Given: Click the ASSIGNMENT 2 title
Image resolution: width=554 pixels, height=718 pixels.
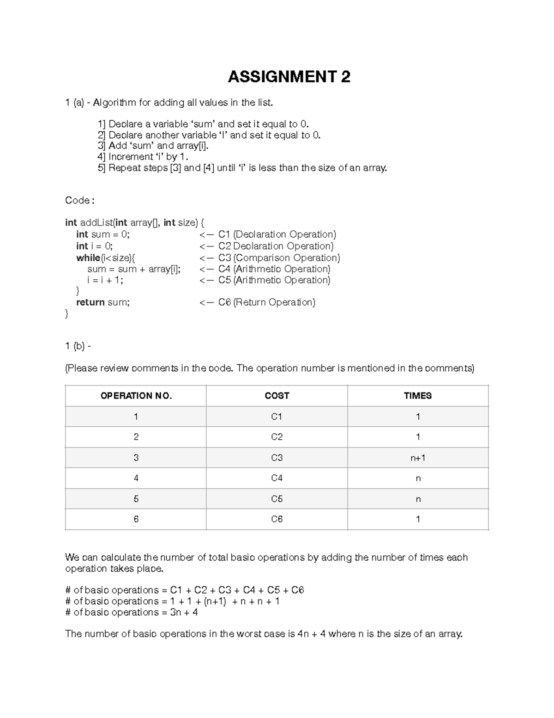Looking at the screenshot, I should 289,77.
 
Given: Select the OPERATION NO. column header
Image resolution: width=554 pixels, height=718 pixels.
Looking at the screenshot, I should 136,396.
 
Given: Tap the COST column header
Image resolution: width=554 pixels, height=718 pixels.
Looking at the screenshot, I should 277,396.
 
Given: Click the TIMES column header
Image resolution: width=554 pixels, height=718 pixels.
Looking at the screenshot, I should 417,396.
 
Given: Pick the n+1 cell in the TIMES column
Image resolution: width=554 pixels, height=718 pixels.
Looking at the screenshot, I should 417,458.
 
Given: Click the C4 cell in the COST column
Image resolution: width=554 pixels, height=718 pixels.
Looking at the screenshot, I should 277,478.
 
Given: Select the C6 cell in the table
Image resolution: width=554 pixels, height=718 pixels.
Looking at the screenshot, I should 277,519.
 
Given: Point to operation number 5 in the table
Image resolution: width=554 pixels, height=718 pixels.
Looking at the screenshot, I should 136,499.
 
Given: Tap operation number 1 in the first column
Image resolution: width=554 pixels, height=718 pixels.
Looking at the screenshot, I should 136,417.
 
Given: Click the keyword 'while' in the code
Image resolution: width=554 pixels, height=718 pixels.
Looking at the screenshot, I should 88,258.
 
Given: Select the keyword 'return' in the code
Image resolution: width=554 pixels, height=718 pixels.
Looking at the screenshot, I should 90,302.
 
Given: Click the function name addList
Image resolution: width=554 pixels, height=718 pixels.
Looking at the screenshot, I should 96,223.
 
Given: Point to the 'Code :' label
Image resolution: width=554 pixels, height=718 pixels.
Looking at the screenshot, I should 80,201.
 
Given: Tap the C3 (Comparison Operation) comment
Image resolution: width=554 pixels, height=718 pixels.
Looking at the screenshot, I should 279,258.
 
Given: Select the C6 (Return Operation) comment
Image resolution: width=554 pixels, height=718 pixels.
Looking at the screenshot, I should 267,302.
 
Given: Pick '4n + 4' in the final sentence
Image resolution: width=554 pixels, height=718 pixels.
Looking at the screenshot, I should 312,634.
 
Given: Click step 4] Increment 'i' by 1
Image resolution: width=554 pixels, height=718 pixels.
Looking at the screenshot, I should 143,157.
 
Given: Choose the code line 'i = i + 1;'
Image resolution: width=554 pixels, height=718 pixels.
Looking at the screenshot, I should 105,280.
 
